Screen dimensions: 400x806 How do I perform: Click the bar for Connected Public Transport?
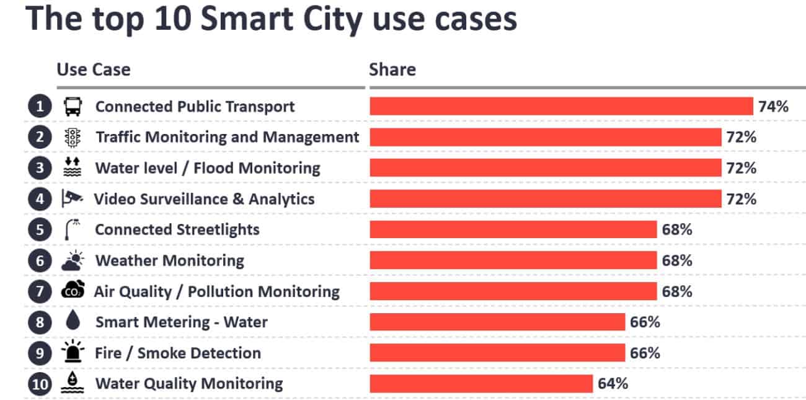click(561, 106)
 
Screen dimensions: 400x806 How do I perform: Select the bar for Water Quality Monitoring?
click(481, 383)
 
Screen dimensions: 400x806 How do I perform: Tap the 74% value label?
click(773, 106)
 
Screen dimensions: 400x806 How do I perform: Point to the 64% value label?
click(613, 383)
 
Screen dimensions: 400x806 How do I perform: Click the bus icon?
click(73, 107)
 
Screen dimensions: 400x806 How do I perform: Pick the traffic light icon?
click(73, 137)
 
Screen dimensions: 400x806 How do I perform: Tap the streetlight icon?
click(73, 229)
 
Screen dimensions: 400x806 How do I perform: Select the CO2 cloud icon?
click(73, 291)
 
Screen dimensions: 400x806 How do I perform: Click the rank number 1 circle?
click(40, 107)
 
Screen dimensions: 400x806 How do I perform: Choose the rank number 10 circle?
click(40, 384)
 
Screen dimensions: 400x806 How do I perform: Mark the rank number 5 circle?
click(40, 229)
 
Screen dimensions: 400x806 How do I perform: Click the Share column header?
click(392, 69)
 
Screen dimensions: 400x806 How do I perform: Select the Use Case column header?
click(94, 69)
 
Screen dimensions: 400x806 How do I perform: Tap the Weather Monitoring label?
click(169, 260)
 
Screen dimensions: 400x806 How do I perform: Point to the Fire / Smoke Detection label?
click(177, 353)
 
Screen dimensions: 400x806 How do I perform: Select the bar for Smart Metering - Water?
click(497, 322)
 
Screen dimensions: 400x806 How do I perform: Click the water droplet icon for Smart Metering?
click(73, 322)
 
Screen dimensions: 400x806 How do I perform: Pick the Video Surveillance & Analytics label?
click(204, 199)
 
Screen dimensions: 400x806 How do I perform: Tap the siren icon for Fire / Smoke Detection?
click(73, 352)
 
